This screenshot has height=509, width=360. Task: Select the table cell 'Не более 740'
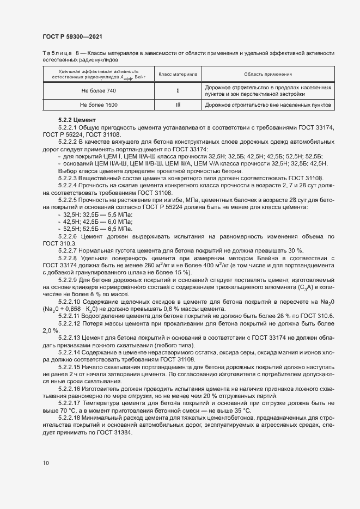point(98,90)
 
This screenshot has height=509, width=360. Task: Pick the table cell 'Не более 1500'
point(98,105)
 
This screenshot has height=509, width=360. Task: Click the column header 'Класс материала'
point(178,73)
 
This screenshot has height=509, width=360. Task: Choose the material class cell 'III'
point(178,105)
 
